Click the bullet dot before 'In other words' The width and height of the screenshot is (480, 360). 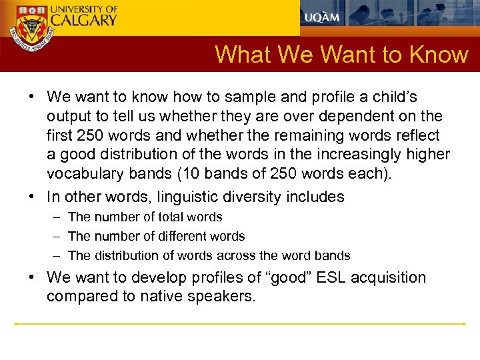coord(31,197)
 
